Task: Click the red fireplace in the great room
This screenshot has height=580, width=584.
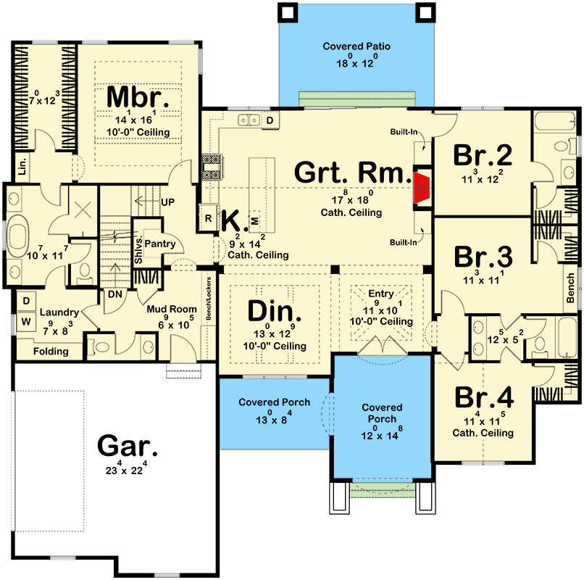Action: (x=422, y=188)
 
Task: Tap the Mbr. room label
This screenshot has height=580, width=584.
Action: (x=138, y=98)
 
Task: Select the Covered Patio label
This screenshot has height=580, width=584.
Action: (x=356, y=46)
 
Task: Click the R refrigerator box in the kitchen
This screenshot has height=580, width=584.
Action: (x=208, y=218)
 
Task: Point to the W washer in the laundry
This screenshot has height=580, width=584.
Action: (x=26, y=321)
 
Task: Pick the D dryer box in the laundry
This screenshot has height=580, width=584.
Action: (x=26, y=301)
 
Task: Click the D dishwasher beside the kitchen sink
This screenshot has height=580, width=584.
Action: (x=270, y=120)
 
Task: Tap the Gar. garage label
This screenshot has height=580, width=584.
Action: (x=127, y=446)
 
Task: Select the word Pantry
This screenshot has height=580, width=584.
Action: (x=160, y=244)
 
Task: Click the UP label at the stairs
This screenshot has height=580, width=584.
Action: (x=167, y=202)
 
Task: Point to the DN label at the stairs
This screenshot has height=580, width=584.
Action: (x=115, y=294)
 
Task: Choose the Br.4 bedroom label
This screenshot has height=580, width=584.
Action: (x=484, y=397)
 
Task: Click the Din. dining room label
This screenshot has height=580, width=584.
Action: (x=274, y=311)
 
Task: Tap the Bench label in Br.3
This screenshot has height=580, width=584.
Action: (x=570, y=288)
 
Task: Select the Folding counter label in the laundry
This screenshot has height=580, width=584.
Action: (x=51, y=352)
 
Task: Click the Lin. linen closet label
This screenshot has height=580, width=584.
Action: (x=22, y=166)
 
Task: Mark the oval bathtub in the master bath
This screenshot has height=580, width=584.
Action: (x=18, y=236)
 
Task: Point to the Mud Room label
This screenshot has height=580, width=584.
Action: (x=172, y=309)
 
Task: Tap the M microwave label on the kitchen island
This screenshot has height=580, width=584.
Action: (x=255, y=221)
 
